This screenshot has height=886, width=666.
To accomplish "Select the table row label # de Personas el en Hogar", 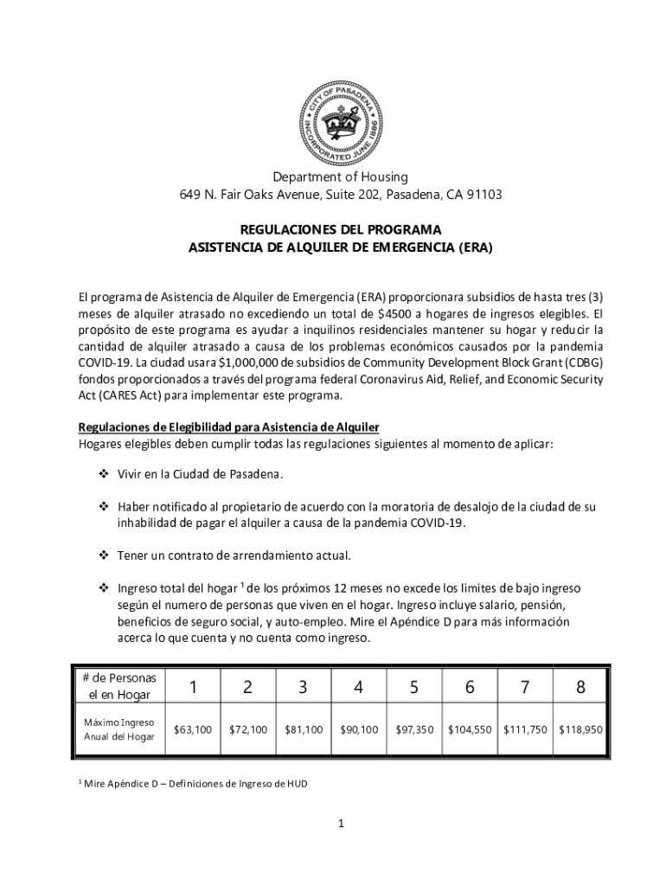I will tap(117, 686).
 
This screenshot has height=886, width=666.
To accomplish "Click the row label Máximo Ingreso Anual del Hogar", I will tap(118, 729).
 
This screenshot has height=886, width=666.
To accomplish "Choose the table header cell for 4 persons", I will tap(359, 687).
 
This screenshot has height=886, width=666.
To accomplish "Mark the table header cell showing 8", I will tap(580, 687).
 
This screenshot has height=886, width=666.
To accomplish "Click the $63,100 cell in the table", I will tap(192, 729).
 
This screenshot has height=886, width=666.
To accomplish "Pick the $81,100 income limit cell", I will tap(303, 729).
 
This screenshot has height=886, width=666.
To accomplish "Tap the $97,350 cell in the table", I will tap(414, 729).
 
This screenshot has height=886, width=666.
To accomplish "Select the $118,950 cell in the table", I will tap(581, 729).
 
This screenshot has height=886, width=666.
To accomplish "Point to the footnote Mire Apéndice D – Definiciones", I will tap(195, 785).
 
